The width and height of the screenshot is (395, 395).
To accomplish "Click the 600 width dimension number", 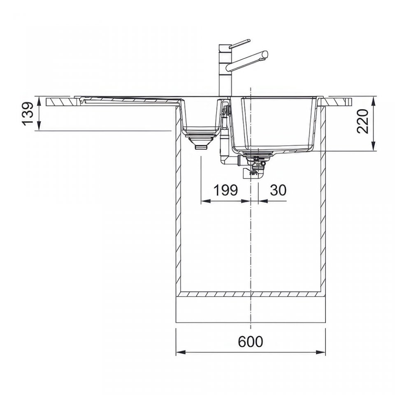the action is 250,342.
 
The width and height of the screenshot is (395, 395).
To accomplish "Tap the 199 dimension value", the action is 225,190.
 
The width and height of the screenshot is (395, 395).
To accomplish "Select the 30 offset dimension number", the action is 278,190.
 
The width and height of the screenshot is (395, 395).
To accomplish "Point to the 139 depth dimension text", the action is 28,114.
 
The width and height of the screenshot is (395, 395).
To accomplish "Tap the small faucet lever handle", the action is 240,43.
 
